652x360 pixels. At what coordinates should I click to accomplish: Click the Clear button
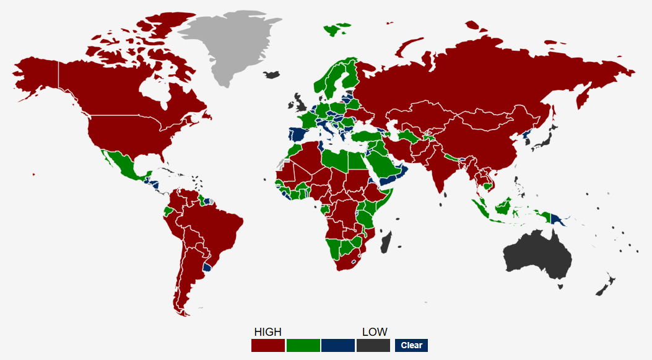pyautogui.click(x=411, y=345)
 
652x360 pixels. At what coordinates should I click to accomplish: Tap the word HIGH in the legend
pyautogui.click(x=267, y=332)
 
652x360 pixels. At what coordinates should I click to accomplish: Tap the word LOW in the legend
pyautogui.click(x=375, y=332)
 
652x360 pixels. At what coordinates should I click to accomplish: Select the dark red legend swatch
pyautogui.click(x=267, y=345)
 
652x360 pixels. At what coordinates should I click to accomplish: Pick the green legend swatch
pyautogui.click(x=303, y=345)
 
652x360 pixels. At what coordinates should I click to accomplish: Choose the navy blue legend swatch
pyautogui.click(x=338, y=345)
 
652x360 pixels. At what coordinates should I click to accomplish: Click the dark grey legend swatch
pyautogui.click(x=373, y=345)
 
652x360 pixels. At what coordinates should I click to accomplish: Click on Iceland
pyautogui.click(x=271, y=75)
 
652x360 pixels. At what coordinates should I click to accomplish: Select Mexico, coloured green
pyautogui.click(x=123, y=164)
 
